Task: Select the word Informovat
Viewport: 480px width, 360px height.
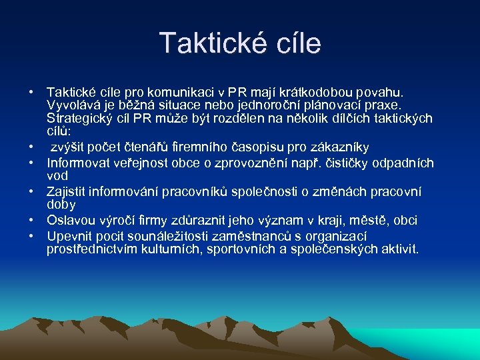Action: pyautogui.click(x=78, y=163)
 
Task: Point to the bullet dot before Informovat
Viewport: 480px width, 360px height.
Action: pyautogui.click(x=32, y=163)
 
